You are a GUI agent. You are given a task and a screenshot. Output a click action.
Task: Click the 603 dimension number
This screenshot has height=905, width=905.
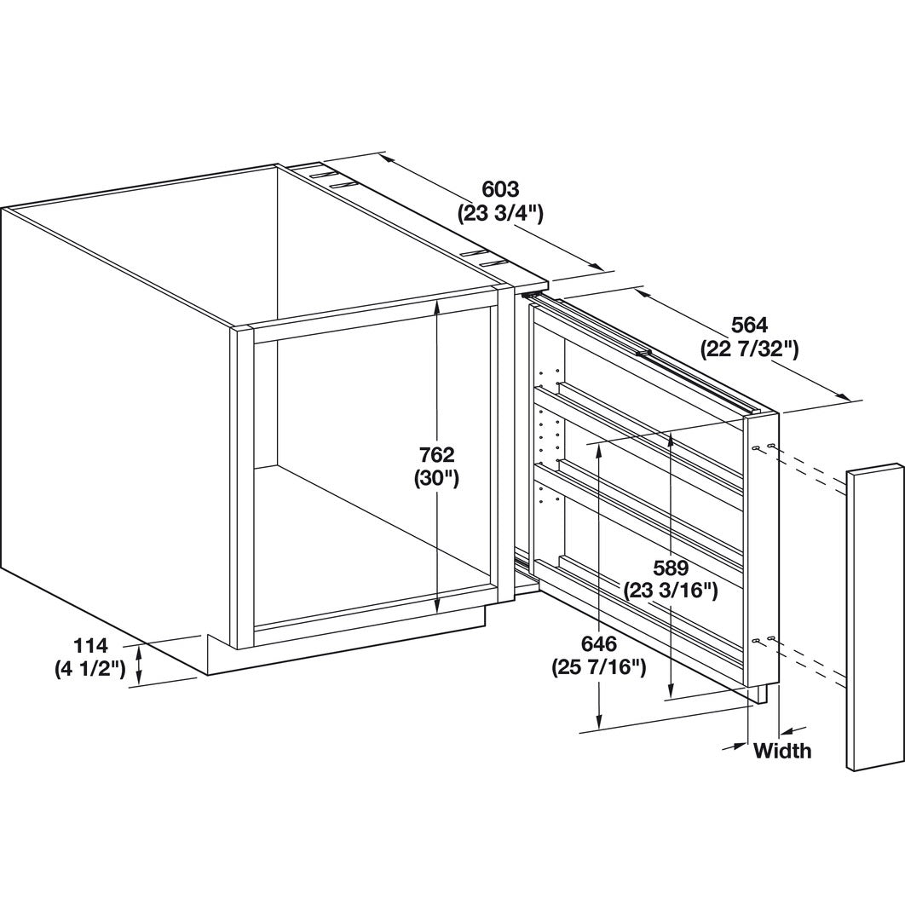[500, 189]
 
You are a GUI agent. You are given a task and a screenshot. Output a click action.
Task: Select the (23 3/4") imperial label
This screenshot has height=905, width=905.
[500, 214]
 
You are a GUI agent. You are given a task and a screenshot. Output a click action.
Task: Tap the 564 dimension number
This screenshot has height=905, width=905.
[749, 326]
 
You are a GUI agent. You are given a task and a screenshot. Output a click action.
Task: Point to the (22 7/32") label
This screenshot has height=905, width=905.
[749, 349]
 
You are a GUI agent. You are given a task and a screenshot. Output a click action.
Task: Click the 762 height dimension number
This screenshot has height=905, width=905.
[436, 455]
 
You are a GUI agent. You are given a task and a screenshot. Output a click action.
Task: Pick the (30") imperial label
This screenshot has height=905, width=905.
[436, 479]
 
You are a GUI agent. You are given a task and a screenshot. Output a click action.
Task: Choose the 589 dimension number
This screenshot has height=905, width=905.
[671, 568]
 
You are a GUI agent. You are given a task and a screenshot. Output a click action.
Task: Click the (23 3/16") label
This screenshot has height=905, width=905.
[671, 591]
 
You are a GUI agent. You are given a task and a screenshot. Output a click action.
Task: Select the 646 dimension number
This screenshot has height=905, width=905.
[598, 643]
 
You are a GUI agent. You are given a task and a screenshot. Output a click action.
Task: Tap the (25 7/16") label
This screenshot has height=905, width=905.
[598, 668]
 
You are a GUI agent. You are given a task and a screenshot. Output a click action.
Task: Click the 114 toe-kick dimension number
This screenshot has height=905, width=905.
[90, 645]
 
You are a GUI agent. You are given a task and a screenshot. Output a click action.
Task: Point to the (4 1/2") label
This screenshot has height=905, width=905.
[90, 669]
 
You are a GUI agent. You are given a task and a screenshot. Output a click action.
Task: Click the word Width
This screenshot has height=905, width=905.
[782, 751]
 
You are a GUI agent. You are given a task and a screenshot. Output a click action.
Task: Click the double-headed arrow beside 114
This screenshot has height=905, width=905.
[139, 665]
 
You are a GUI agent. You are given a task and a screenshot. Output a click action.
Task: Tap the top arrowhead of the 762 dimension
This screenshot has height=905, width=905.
[437, 306]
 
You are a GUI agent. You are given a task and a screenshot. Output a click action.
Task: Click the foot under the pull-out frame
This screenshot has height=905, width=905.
[762, 695]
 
